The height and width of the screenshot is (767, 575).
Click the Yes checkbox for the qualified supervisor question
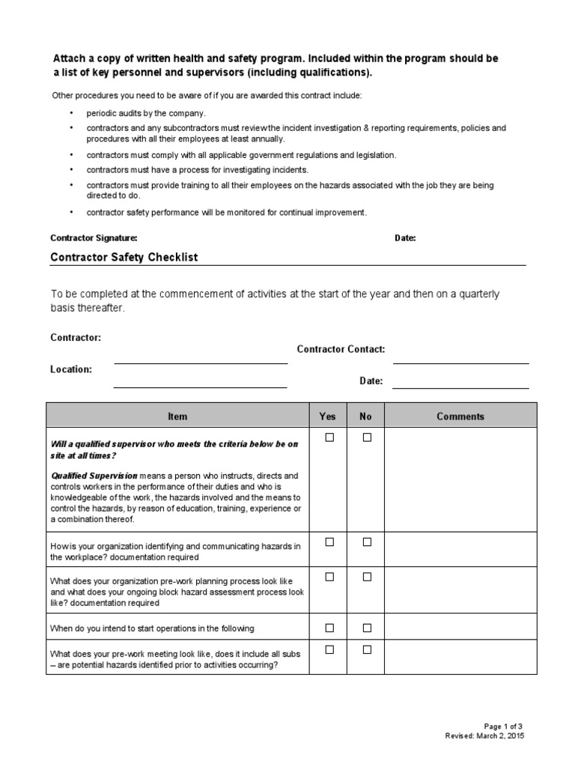pos(329,437)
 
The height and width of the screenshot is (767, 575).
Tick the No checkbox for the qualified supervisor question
pos(367,437)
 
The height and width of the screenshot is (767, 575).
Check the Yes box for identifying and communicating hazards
pos(329,542)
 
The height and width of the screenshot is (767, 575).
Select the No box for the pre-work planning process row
pos(367,577)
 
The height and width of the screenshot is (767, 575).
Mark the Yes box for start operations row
pos(329,628)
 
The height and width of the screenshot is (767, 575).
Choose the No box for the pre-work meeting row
pos(367,649)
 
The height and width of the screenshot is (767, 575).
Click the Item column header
pos(177,416)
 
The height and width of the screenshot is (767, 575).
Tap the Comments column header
pos(460,416)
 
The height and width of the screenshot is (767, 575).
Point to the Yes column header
pos(328,416)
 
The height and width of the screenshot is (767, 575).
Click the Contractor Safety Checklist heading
pos(124,258)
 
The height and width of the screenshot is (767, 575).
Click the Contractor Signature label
pos(94,238)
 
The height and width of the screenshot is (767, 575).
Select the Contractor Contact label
pos(341,349)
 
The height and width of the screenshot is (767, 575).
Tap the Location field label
pos(71,369)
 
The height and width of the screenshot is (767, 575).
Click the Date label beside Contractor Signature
pos(405,238)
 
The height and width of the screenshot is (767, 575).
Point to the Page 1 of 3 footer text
pos(504,727)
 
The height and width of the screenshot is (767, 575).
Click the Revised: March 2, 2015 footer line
pos(484,736)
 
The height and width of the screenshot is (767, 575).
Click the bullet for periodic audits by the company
pos(71,113)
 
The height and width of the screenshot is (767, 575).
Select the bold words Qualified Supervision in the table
pos(94,476)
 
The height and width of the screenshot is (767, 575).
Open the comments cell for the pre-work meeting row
pos(460,657)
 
